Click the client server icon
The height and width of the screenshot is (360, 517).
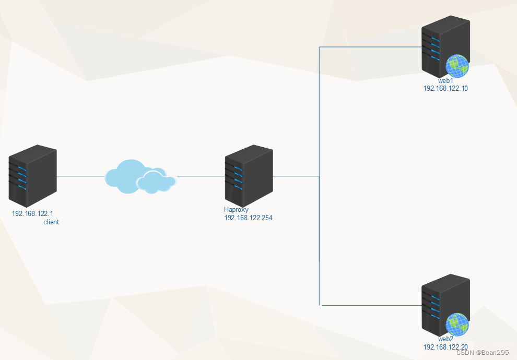[32, 176]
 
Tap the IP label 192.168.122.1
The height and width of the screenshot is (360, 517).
[32, 213]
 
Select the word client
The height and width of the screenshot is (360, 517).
[51, 222]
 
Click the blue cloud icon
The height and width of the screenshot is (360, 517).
[140, 176]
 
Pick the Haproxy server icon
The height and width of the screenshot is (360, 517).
[249, 175]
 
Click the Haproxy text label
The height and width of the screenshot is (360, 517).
[236, 210]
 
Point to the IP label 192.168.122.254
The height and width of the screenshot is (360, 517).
[248, 218]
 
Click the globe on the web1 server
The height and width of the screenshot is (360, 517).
[457, 66]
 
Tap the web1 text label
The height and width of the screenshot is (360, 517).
[445, 81]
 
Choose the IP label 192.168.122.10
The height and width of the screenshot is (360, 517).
[445, 89]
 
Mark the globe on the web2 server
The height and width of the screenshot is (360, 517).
[457, 325]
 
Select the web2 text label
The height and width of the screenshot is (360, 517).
[445, 339]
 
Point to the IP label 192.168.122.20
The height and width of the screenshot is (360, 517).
[445, 347]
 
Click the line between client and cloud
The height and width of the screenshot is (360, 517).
[81, 176]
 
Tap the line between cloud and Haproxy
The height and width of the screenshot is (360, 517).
[201, 176]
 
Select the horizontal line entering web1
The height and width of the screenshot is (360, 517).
[371, 47]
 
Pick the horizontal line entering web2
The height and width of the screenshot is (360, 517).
[371, 305]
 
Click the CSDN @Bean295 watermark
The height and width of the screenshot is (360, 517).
[482, 353]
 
